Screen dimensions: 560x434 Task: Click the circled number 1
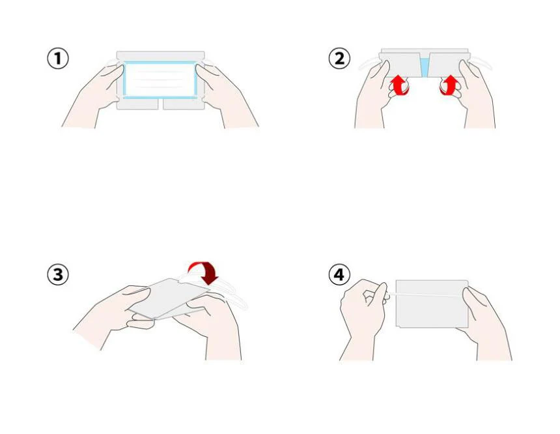coord(58,59)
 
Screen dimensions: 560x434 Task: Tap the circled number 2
coord(339,59)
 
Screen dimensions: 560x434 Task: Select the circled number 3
coord(58,275)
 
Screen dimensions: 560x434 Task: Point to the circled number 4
coord(339,275)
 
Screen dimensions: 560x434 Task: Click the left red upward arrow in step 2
coord(400,85)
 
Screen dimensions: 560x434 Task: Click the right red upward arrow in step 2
coord(450,85)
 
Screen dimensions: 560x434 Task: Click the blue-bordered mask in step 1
coord(160,80)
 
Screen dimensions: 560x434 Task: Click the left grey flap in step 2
coord(400,65)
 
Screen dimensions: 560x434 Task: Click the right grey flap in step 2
coord(448,65)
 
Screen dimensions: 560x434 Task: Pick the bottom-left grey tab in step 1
coord(138,104)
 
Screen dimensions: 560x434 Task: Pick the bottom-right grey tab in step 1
coord(184,104)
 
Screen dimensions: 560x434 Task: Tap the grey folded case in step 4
coord(432,304)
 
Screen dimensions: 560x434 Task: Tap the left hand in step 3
coord(115,311)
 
